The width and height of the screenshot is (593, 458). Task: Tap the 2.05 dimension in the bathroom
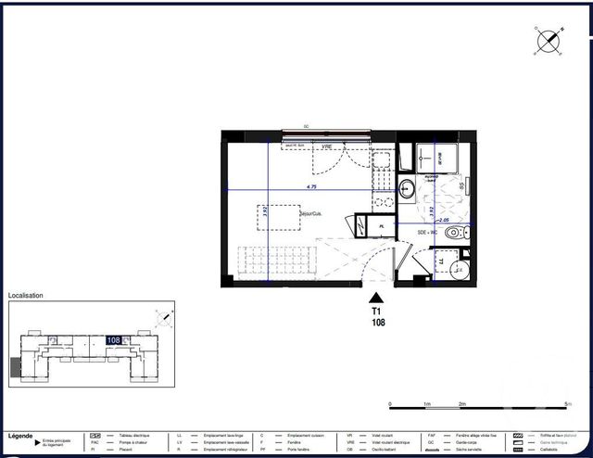(445, 221)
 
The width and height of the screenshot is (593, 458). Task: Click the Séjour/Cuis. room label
(309, 214)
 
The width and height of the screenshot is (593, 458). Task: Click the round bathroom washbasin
(407, 190)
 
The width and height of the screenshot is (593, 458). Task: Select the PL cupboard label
(381, 225)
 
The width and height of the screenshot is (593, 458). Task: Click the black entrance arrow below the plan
(377, 297)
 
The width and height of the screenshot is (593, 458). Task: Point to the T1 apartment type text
(377, 312)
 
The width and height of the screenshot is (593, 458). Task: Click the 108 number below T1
(377, 324)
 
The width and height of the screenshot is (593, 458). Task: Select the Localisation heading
(26, 296)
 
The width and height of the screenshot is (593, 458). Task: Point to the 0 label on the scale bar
(391, 404)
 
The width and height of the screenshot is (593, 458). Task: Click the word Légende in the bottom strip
(21, 435)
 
